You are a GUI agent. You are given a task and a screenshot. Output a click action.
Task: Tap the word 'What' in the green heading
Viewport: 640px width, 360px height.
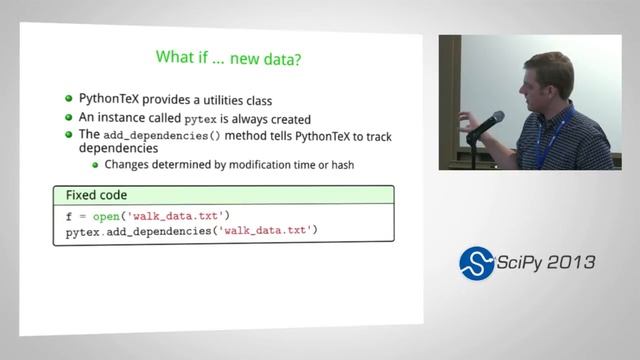click(178, 57)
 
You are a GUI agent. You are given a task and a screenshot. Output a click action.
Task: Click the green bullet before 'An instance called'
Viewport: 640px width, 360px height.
click(69, 116)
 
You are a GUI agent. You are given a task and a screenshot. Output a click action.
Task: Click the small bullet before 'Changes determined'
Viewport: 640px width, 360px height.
click(95, 165)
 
